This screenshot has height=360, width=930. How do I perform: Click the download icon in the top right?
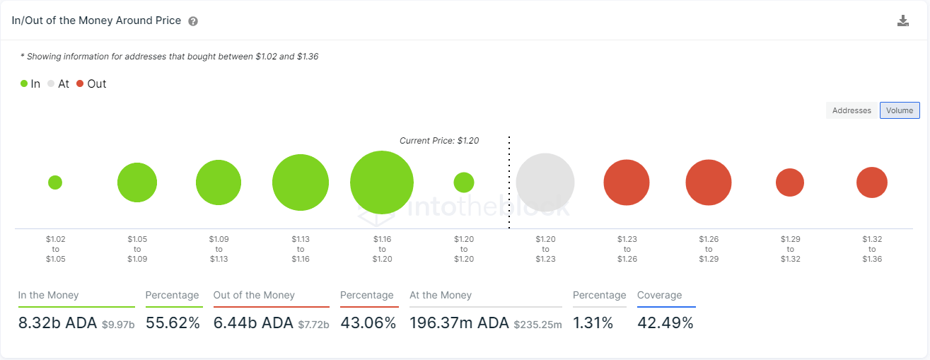[x=902, y=21]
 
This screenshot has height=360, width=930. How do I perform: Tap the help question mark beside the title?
[x=193, y=21]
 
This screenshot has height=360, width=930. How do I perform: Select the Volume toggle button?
[x=900, y=110]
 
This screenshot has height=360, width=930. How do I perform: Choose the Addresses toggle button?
[x=851, y=110]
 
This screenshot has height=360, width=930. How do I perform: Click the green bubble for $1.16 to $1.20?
[x=382, y=182]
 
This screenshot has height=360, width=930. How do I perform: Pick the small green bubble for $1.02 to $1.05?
[x=55, y=182]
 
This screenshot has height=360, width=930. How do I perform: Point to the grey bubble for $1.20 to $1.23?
[x=545, y=182]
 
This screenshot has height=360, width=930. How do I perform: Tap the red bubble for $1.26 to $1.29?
[x=708, y=182]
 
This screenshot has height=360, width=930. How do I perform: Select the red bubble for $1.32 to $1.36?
[x=872, y=182]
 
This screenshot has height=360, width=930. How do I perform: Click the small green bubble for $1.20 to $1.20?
[x=463, y=182]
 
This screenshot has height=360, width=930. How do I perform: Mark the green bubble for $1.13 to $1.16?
[x=301, y=182]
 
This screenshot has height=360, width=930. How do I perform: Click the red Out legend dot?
[x=80, y=83]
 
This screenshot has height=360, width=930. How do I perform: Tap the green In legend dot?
[x=24, y=83]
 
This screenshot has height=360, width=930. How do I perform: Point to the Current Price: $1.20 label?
[x=439, y=141]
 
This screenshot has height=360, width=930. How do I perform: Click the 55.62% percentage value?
[x=173, y=323]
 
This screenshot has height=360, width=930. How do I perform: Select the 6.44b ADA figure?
[x=253, y=323]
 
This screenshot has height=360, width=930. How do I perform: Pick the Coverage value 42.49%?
[x=665, y=323]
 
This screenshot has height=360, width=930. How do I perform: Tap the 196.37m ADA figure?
[x=459, y=323]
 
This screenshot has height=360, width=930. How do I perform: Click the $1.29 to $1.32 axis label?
[x=790, y=249]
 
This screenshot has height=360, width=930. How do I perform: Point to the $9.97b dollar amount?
[x=117, y=325]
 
